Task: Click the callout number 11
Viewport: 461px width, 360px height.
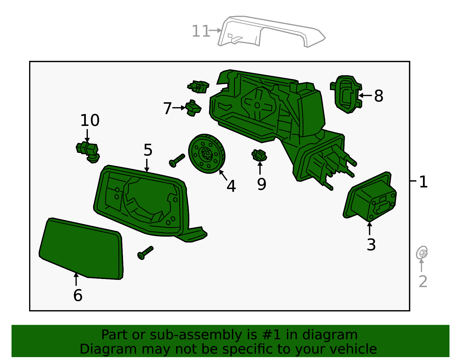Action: pos(201,31)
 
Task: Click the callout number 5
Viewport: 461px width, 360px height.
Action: pos(148,150)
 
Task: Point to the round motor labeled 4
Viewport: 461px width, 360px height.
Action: pos(207,154)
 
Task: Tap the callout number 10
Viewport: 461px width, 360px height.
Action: pos(90,120)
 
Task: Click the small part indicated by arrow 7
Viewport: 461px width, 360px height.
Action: pos(193,108)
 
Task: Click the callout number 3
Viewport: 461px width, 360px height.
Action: pos(371,245)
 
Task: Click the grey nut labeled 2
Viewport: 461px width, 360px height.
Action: pos(422,253)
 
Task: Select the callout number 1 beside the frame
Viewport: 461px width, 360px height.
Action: pos(423,182)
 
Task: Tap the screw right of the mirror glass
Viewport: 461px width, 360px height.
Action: pos(145,253)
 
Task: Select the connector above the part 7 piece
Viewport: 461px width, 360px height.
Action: pos(199,86)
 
